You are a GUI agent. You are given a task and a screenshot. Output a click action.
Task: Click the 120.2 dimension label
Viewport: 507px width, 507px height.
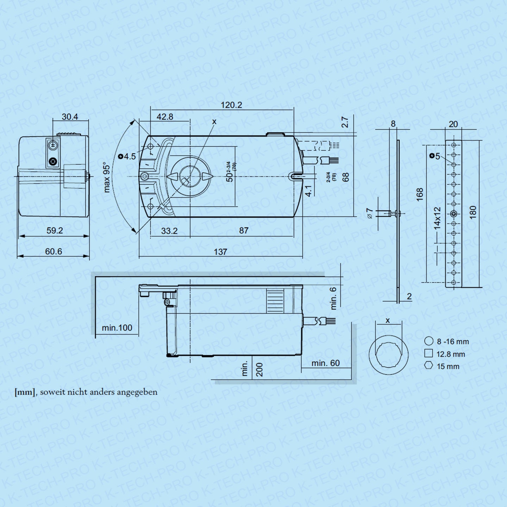point(231,105)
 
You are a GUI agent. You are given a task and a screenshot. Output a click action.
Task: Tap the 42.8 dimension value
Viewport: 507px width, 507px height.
point(165,117)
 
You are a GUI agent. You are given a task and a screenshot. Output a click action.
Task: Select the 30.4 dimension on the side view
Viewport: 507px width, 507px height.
point(70,117)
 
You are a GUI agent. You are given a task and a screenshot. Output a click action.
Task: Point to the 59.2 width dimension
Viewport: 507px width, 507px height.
point(55,231)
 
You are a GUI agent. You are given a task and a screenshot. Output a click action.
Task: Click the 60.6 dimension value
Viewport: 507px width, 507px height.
point(54,251)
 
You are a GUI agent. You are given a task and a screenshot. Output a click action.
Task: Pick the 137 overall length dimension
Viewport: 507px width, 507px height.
point(220,252)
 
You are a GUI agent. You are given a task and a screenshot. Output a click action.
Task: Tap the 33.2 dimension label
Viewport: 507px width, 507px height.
point(169,231)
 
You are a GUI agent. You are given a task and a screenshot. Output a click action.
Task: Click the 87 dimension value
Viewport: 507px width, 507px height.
point(244,231)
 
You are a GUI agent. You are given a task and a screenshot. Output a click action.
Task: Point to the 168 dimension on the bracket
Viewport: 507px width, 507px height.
point(420,195)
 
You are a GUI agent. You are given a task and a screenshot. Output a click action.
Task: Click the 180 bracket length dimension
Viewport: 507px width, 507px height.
point(473,212)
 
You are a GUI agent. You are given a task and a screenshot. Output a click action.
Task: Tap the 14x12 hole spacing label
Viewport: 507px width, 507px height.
point(437,218)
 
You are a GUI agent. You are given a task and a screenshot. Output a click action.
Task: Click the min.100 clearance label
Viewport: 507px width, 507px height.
point(117,328)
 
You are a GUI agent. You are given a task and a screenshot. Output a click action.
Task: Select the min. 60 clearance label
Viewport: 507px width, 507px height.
point(325,363)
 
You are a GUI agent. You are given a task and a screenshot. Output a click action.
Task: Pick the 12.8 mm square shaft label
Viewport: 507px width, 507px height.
point(451,354)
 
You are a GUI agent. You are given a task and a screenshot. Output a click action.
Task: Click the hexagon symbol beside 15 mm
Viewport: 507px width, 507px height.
point(428,365)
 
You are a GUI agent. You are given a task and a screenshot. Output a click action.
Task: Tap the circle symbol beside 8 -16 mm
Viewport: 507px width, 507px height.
point(428,341)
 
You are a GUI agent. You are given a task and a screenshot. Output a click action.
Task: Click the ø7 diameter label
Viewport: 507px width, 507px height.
point(370,213)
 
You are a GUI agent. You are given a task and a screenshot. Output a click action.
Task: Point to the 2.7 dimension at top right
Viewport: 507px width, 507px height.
point(345,122)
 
